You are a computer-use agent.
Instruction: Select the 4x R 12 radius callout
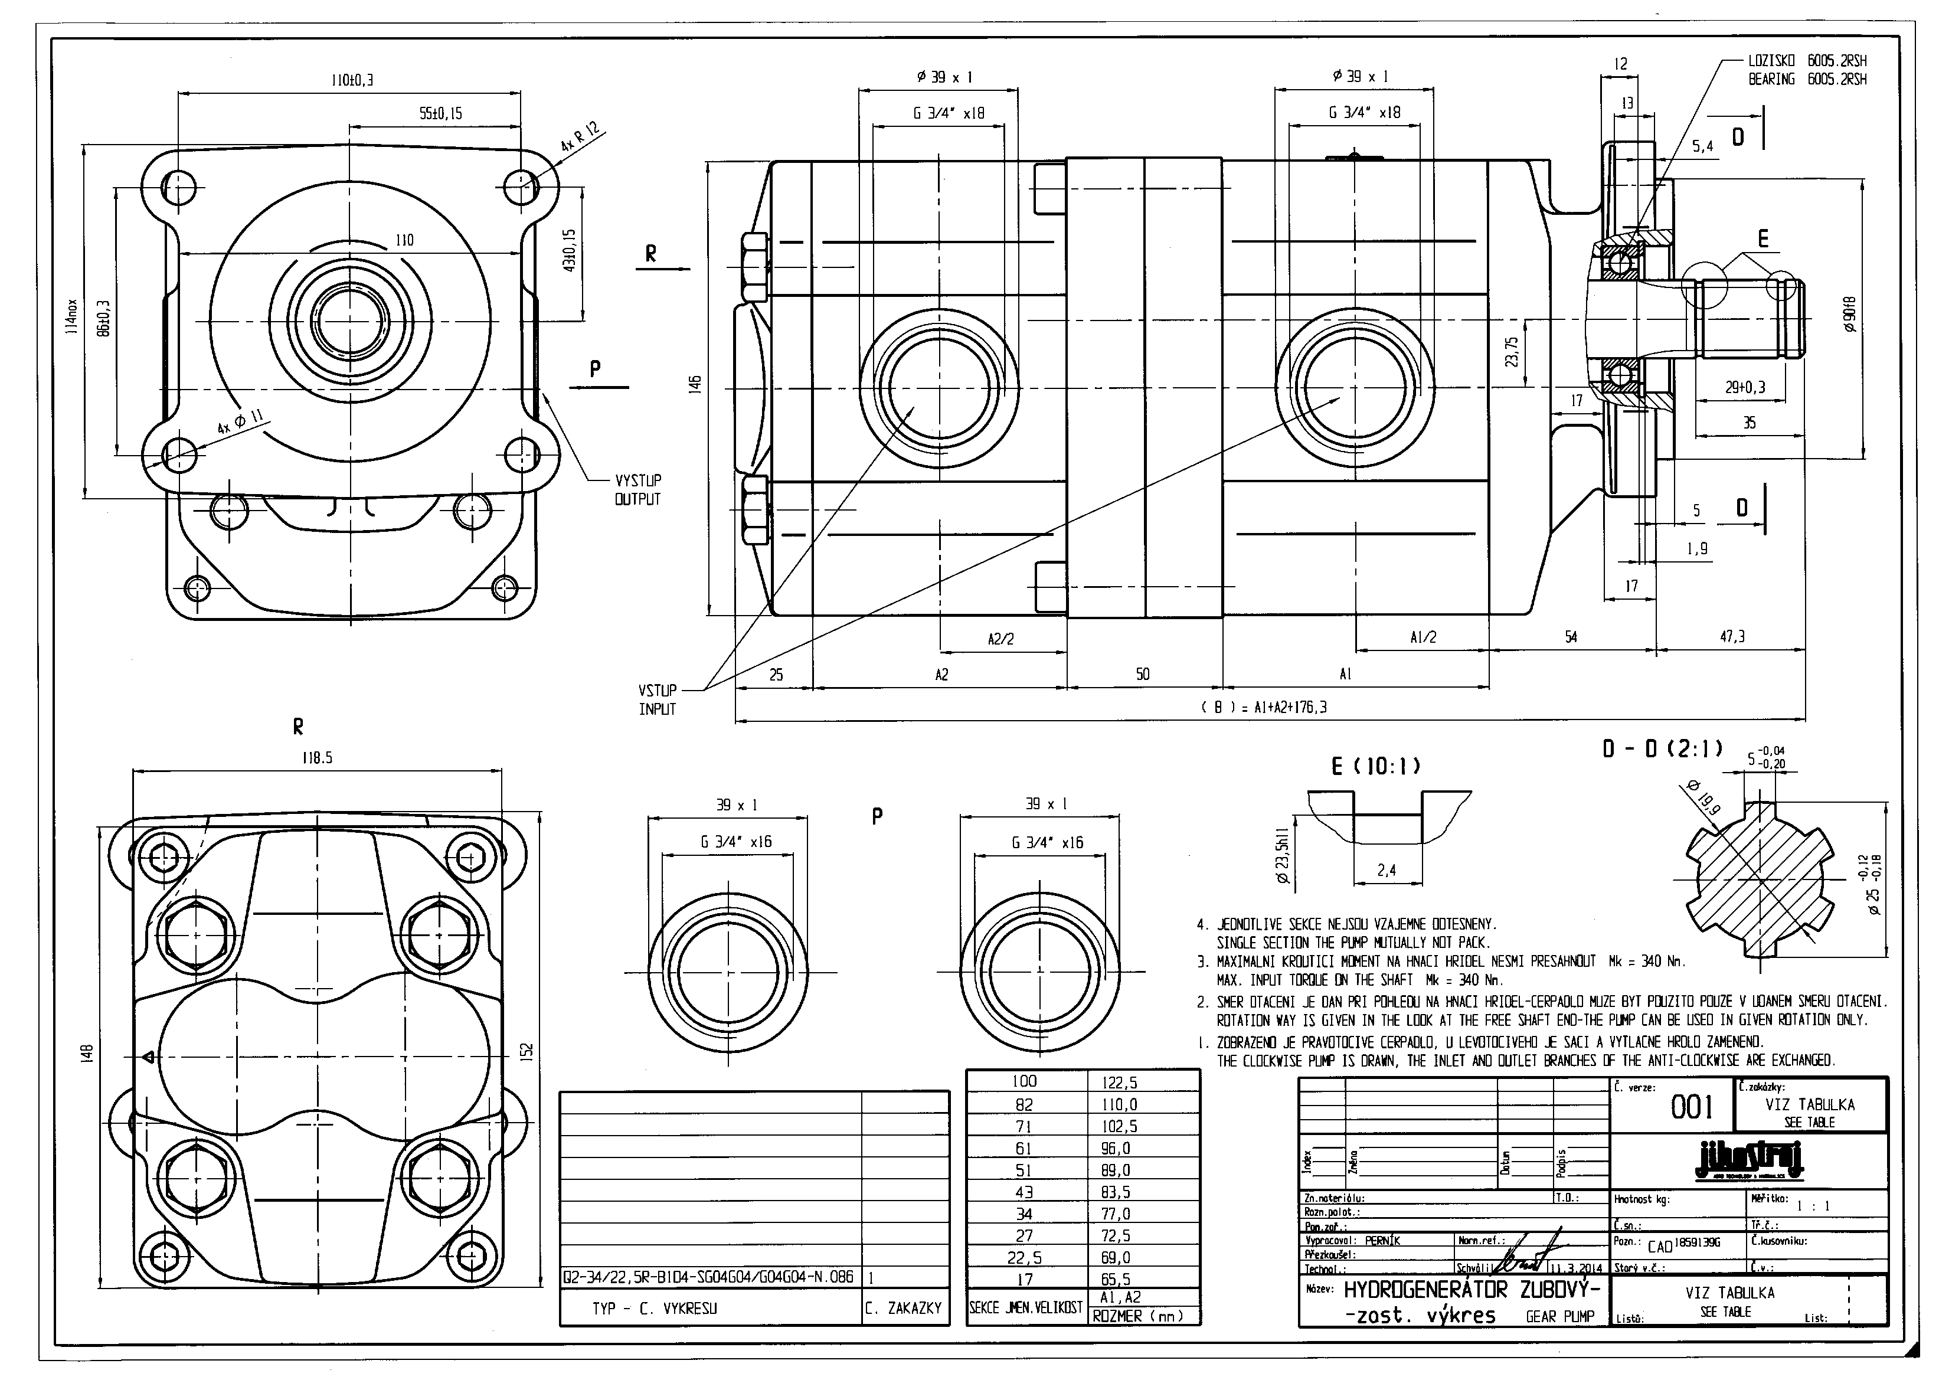click(580, 137)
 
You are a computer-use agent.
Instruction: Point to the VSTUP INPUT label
click(658, 699)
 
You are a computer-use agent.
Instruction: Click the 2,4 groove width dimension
click(1386, 870)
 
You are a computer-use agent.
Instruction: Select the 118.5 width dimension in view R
click(316, 758)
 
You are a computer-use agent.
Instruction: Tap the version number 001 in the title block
click(1691, 1107)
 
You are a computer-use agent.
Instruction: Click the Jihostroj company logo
click(1750, 1161)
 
